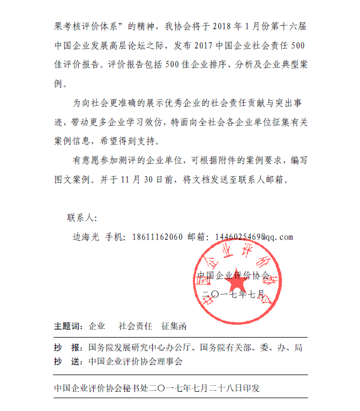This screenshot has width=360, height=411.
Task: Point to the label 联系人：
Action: [81, 218]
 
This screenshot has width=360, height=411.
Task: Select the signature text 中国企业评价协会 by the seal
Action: [233, 275]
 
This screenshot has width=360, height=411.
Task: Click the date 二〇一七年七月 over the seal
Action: [235, 294]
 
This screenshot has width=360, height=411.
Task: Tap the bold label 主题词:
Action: [68, 326]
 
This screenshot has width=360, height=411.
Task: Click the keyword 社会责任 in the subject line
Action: [136, 326]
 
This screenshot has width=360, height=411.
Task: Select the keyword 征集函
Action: [174, 326]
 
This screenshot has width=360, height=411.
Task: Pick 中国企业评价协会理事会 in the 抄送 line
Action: [136, 361]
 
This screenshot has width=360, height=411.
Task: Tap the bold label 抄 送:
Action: [68, 361]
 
